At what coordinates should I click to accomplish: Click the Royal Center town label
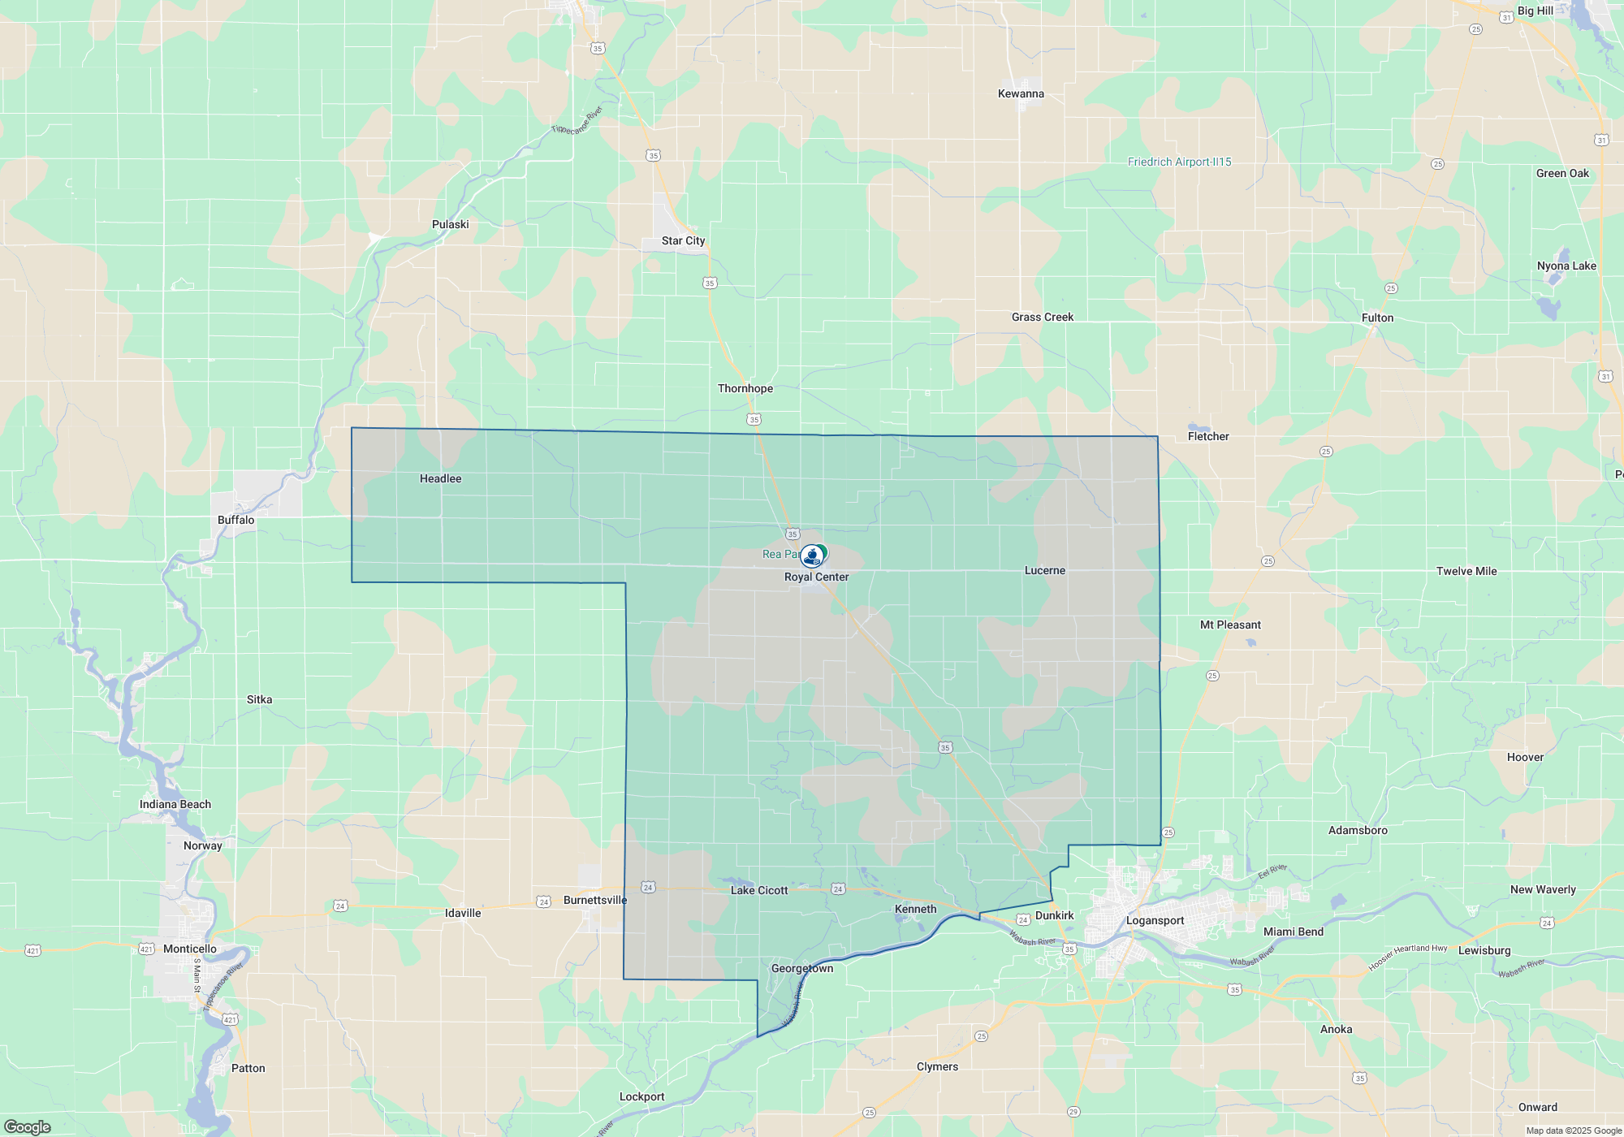pos(816,577)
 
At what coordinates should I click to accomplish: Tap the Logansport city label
pos(1155,921)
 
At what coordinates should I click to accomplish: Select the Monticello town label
pos(190,949)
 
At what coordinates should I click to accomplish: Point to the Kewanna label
pos(1021,94)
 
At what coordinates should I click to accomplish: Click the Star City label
pos(683,241)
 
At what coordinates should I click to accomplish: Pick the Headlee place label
pos(440,479)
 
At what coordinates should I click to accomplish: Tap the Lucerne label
pos(1044,571)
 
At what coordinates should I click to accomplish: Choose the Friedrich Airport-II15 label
pos(1179,162)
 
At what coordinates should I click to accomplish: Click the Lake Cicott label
pos(759,891)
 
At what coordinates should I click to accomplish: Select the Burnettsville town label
pos(595,901)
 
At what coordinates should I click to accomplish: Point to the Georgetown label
pos(802,968)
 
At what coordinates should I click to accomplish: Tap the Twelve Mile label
pos(1466,572)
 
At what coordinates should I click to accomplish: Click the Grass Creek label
pos(1042,318)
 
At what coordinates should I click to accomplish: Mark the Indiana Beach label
pos(175,805)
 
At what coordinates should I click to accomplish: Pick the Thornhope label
pos(745,389)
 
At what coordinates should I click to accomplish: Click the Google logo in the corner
pos(28,1127)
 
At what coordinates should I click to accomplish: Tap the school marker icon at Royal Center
pos(811,556)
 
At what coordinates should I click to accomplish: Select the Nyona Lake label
pos(1566,266)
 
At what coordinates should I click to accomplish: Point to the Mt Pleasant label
pos(1230,625)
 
